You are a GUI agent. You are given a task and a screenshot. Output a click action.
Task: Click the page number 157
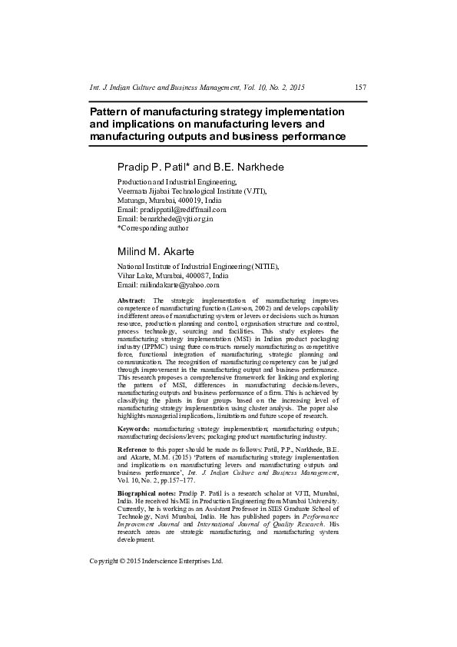click(360, 88)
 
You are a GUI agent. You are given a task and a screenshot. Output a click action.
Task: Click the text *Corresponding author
click(151, 228)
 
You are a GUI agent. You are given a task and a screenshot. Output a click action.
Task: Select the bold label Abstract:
click(132, 300)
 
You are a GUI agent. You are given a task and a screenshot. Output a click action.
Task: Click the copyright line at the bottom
click(157, 604)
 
